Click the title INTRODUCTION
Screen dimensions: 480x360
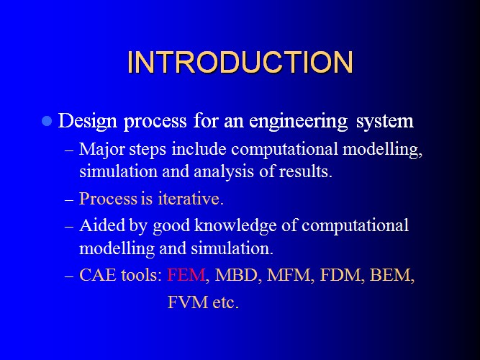tap(240, 62)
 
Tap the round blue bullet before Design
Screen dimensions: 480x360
tap(47, 121)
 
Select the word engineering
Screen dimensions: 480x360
tap(299, 122)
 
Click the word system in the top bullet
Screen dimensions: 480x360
tap(385, 122)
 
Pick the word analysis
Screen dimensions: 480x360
tap(224, 171)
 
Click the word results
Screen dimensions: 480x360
tap(306, 171)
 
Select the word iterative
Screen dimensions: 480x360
tap(191, 199)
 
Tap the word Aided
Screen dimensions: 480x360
tap(102, 225)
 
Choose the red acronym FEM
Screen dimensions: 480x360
tap(186, 275)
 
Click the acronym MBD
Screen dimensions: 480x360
tap(236, 275)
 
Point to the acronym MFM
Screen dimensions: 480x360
tap(289, 275)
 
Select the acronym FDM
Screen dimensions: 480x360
tap(340, 275)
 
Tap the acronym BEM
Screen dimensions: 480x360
tap(390, 275)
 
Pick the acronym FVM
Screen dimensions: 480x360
tap(187, 302)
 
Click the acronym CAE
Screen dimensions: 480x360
tap(98, 275)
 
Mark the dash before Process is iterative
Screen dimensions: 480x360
tap(69, 199)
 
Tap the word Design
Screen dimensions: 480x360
tap(88, 122)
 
